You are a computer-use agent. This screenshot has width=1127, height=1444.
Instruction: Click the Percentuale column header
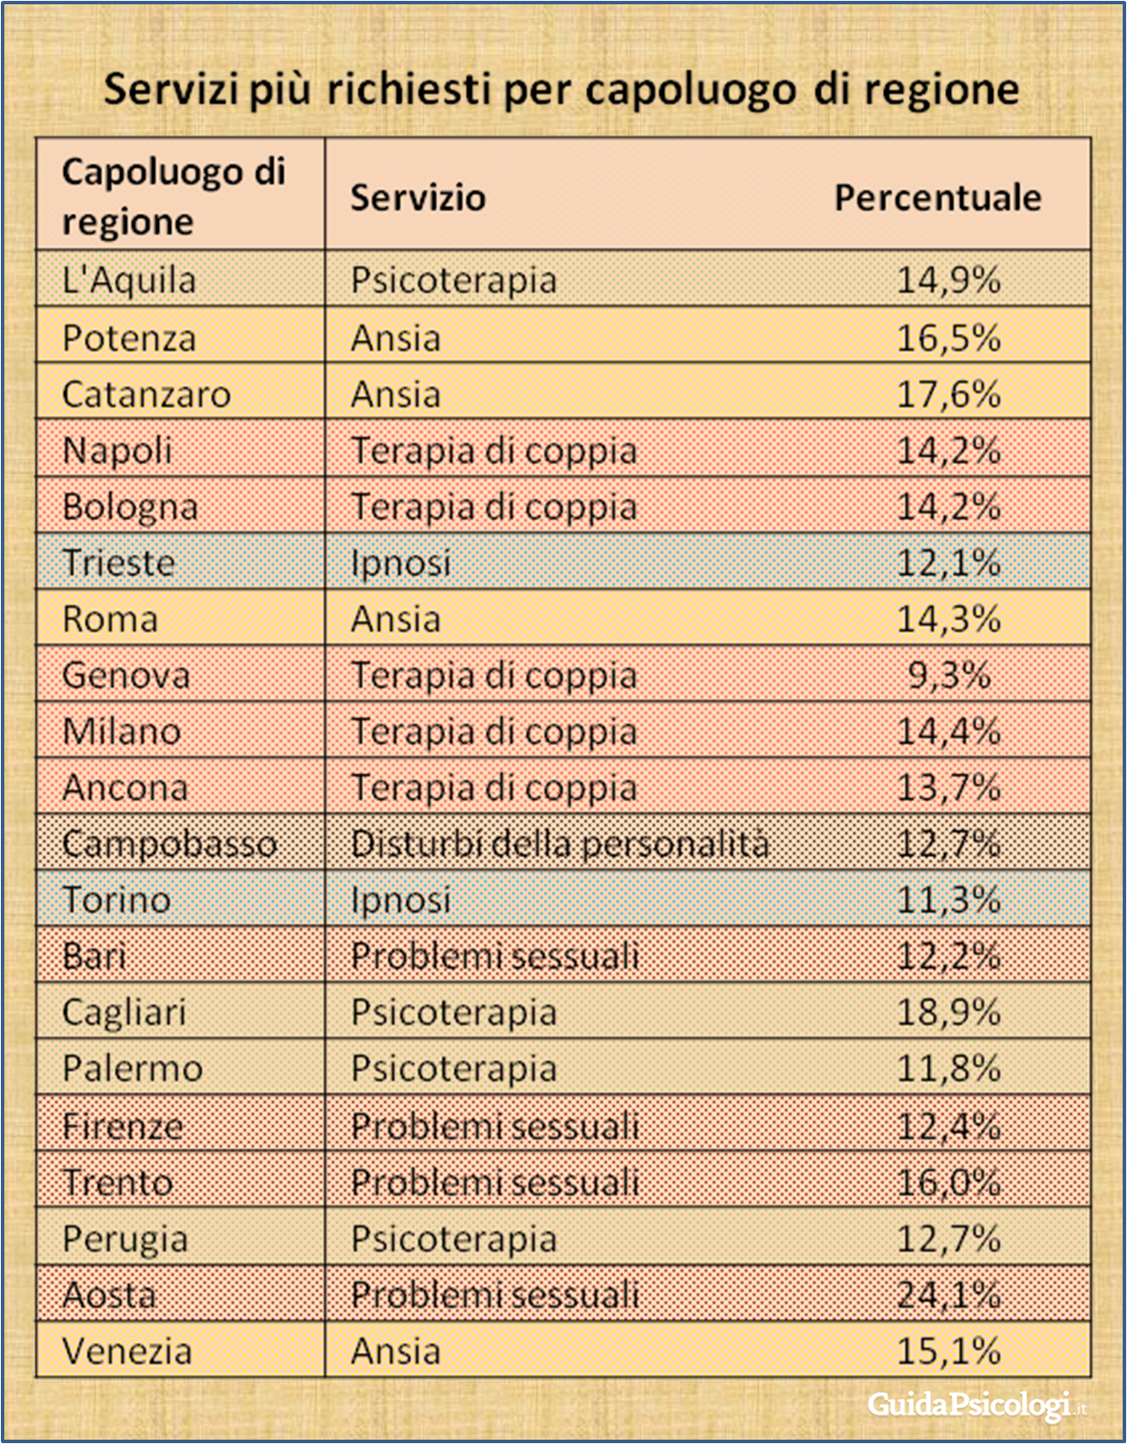coord(937,198)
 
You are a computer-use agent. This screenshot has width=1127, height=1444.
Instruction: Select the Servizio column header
coord(418,198)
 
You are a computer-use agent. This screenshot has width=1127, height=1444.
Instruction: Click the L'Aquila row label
coord(130,281)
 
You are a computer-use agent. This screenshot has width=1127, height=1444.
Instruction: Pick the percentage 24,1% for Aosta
coord(948,1295)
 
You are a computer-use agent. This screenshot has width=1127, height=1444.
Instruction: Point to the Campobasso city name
coord(169,844)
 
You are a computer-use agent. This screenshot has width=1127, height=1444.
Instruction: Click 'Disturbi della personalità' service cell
coord(560,844)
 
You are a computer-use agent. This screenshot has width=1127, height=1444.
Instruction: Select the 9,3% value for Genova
coord(948,675)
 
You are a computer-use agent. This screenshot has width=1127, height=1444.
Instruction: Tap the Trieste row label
coord(118,563)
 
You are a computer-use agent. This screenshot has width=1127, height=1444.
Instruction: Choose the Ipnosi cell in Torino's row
coord(401,901)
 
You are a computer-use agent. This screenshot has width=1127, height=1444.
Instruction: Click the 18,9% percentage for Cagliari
coord(948,1012)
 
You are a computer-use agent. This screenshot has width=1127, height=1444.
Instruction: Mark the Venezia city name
coord(127,1352)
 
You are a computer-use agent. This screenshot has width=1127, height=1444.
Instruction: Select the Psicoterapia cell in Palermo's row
coord(453,1069)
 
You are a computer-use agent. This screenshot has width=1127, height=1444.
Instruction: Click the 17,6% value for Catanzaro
coord(948,395)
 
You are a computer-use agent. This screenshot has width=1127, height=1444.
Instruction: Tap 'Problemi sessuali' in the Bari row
coord(495,957)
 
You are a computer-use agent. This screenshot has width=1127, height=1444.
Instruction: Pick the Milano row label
coord(122,732)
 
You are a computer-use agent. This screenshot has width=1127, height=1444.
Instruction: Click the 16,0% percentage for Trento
coord(948,1182)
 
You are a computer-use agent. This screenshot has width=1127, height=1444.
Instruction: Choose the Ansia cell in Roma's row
coord(396,619)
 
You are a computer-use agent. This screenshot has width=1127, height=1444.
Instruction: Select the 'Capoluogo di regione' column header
coord(174,196)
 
